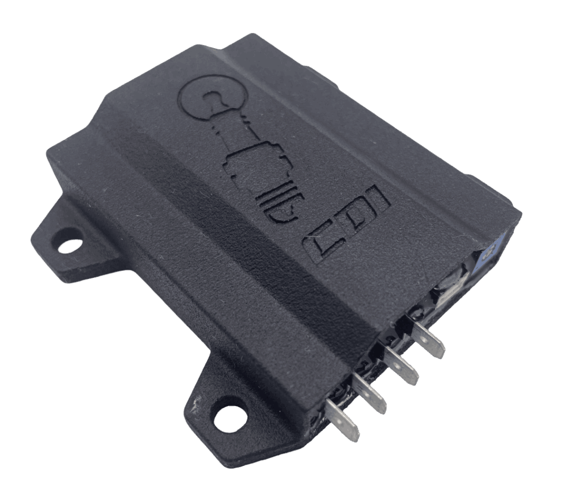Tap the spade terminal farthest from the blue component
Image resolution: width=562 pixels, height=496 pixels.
342,419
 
